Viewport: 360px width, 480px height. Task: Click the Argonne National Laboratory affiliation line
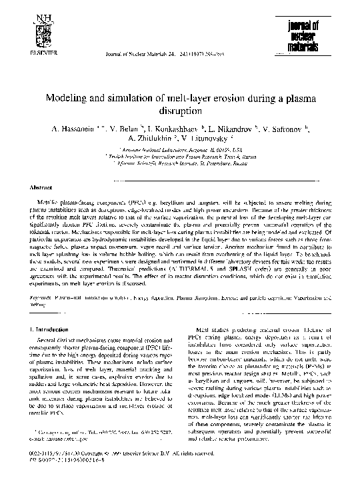(x=179, y=151)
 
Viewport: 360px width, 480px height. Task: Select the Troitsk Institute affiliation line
(x=179, y=157)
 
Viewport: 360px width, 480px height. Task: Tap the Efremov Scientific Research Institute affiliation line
(x=179, y=164)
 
